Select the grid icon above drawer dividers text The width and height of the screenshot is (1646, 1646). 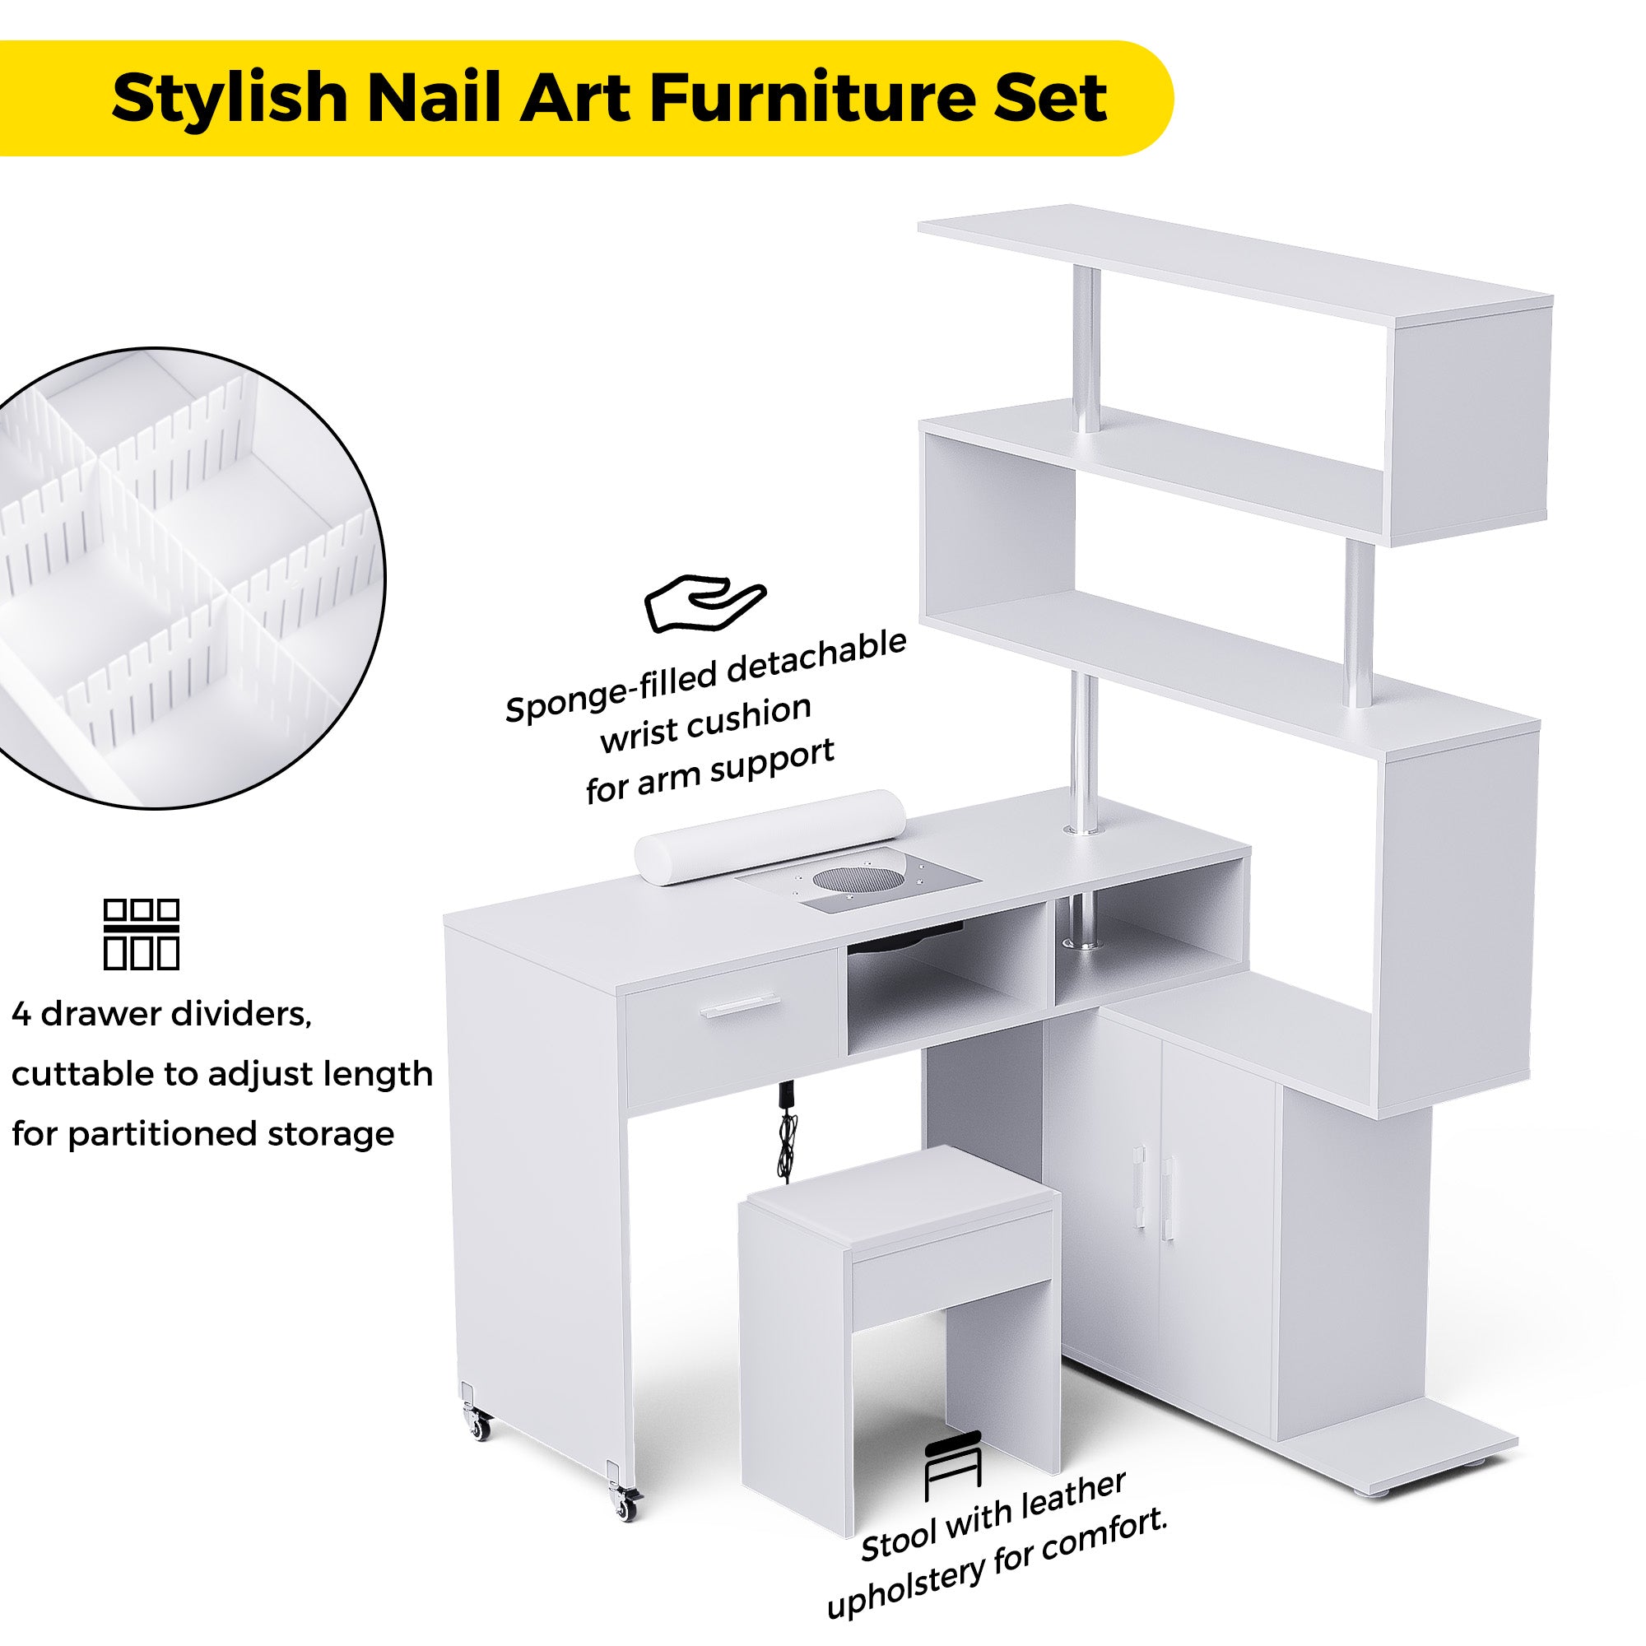142,935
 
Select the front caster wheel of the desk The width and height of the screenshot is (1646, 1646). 627,1508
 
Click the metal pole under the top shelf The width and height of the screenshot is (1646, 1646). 1088,350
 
